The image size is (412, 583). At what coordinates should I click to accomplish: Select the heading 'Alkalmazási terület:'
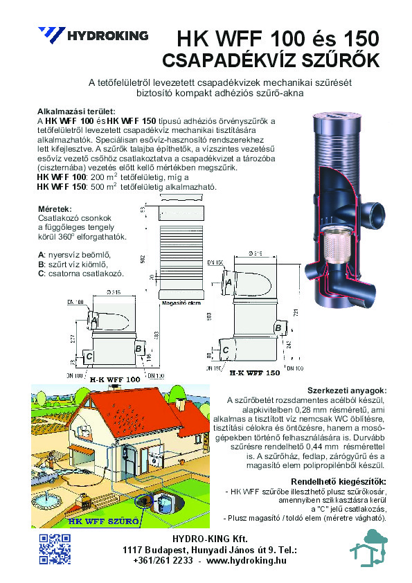coord(76,111)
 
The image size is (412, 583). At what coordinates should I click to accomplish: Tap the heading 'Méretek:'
coord(56,208)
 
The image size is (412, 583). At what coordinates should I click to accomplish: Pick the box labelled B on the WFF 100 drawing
coord(138,348)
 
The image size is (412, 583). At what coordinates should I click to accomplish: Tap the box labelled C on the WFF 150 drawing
coord(225,351)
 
